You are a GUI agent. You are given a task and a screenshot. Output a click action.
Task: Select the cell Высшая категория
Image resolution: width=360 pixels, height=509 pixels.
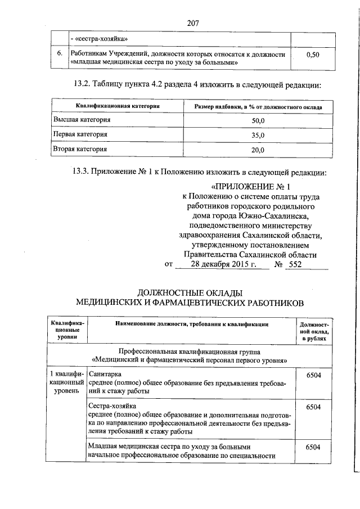point(82,120)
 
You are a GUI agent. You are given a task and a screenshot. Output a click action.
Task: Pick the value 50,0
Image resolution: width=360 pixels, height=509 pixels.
point(258,121)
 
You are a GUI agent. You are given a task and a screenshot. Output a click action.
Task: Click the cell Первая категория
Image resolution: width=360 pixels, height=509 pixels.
point(80,135)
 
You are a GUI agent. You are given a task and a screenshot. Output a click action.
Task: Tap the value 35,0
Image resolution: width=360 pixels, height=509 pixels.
point(258,136)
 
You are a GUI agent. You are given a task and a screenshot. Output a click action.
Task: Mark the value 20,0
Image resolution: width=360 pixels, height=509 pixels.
point(258,150)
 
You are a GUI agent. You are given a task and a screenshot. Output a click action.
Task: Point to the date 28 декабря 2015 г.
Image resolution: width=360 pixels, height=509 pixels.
point(223,264)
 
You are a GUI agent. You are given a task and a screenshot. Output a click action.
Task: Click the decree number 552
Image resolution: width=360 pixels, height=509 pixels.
point(295,264)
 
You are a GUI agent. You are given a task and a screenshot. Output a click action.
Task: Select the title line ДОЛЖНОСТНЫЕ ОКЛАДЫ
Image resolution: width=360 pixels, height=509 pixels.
point(190,292)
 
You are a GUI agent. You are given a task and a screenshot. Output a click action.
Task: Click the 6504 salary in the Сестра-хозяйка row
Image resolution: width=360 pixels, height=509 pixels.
point(313,406)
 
